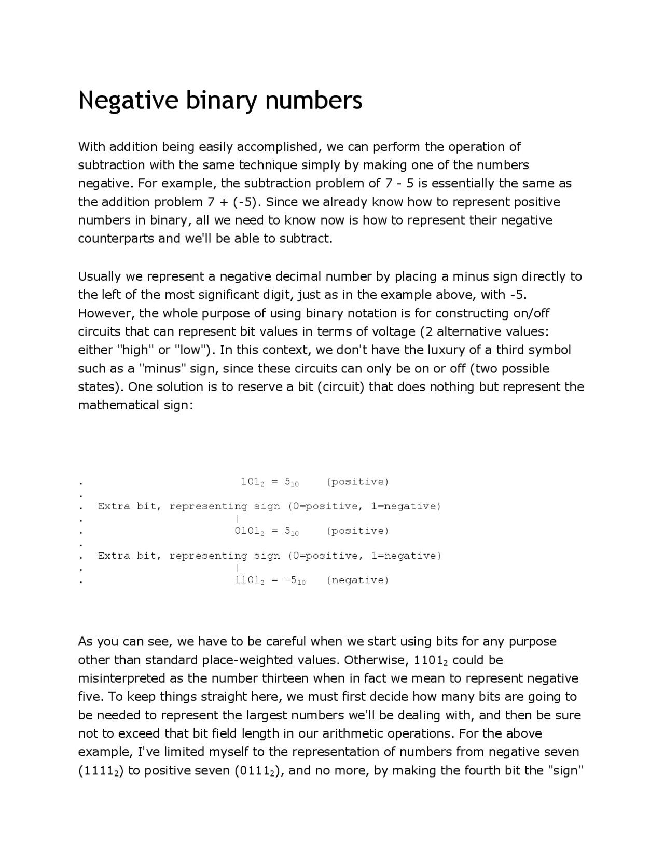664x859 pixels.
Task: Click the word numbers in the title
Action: tap(314, 100)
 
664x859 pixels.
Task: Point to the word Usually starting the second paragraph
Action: tap(100, 276)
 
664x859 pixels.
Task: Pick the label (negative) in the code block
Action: tap(357, 580)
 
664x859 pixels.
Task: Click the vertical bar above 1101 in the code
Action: tap(237, 568)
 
